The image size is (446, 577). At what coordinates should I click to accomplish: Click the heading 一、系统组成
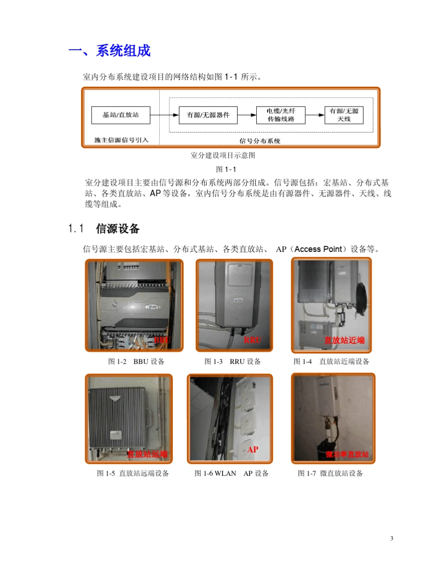109,51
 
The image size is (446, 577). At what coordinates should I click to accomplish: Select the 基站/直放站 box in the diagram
121,114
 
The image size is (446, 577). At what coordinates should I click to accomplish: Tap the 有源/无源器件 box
208,114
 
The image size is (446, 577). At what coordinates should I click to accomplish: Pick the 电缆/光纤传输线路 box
281,115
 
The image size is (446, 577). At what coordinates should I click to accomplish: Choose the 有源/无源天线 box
344,115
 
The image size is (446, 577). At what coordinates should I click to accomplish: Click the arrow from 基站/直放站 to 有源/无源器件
165,114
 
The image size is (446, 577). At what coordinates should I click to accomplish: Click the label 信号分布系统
260,140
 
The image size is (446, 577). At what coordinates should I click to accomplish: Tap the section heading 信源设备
118,229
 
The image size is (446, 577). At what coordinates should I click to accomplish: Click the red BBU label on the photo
162,340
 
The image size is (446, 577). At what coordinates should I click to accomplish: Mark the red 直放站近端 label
344,340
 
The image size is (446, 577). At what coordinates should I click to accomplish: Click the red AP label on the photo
253,449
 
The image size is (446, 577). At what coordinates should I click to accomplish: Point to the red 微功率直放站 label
347,455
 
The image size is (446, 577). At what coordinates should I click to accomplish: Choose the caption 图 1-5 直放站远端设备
133,473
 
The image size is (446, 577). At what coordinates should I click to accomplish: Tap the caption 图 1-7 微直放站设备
331,473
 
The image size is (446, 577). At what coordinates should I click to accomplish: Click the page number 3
392,538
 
